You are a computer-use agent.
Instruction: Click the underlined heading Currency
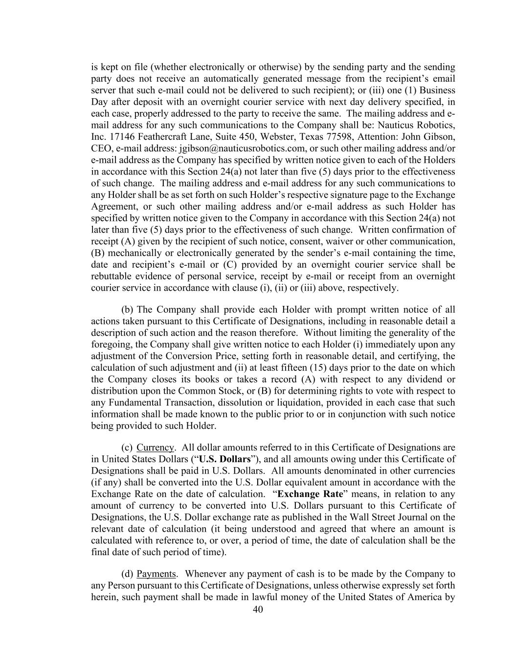(155, 448)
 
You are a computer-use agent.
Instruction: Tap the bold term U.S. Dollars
(224, 459)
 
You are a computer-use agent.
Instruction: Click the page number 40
(258, 609)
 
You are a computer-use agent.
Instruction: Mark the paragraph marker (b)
(127, 310)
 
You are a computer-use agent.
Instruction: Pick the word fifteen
(295, 368)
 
